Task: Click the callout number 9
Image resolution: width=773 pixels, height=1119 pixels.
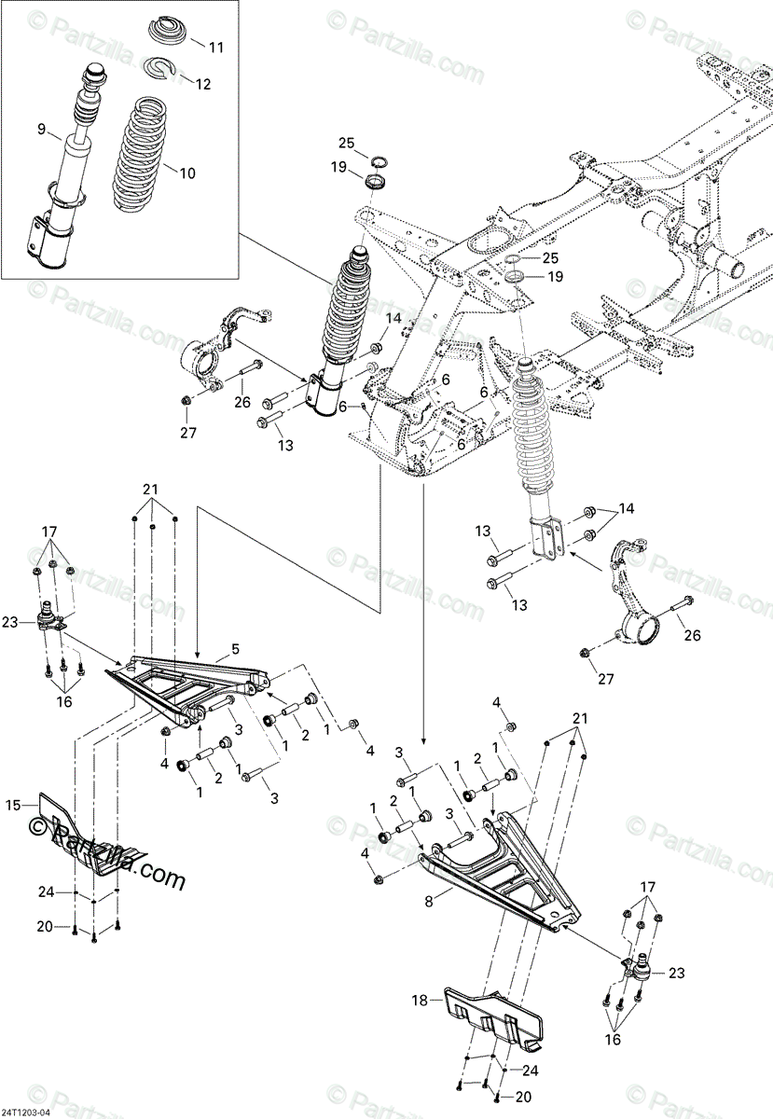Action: click(x=41, y=130)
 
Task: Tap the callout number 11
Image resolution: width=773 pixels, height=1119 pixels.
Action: click(x=216, y=46)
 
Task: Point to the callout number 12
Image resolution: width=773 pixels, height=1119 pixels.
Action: click(x=203, y=83)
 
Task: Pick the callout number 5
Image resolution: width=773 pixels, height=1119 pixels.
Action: click(x=235, y=647)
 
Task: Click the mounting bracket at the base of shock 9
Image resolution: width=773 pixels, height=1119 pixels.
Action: click(x=47, y=240)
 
